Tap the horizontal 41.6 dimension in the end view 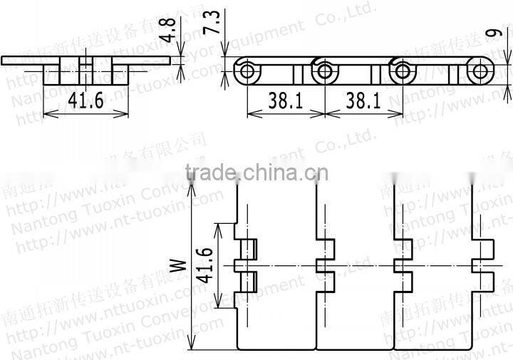click(86, 101)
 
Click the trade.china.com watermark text click(256, 173)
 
